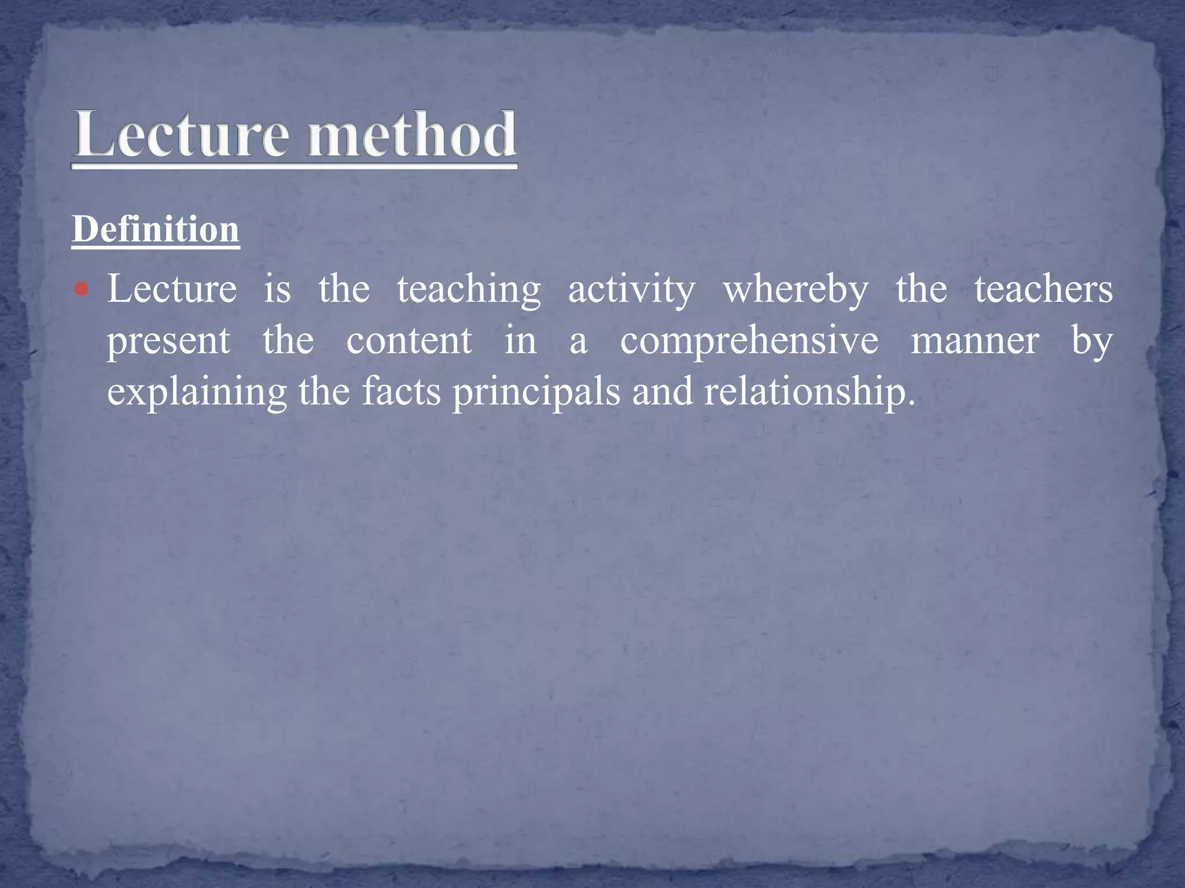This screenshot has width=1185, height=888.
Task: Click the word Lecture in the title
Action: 180,135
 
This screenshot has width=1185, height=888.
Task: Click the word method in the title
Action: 411,135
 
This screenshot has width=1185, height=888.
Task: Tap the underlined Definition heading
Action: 156,230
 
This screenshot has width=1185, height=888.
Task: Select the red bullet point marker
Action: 82,288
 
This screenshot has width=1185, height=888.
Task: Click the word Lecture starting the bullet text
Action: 172,288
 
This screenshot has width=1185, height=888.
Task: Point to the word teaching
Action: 469,290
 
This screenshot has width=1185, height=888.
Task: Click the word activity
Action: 631,290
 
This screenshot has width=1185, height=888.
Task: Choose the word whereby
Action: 796,290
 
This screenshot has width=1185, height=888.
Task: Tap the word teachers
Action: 1043,288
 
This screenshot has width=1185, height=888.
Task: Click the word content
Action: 409,341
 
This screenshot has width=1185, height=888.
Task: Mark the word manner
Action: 975,341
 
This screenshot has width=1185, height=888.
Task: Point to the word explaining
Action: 197,393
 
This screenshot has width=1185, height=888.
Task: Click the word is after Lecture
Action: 277,288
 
